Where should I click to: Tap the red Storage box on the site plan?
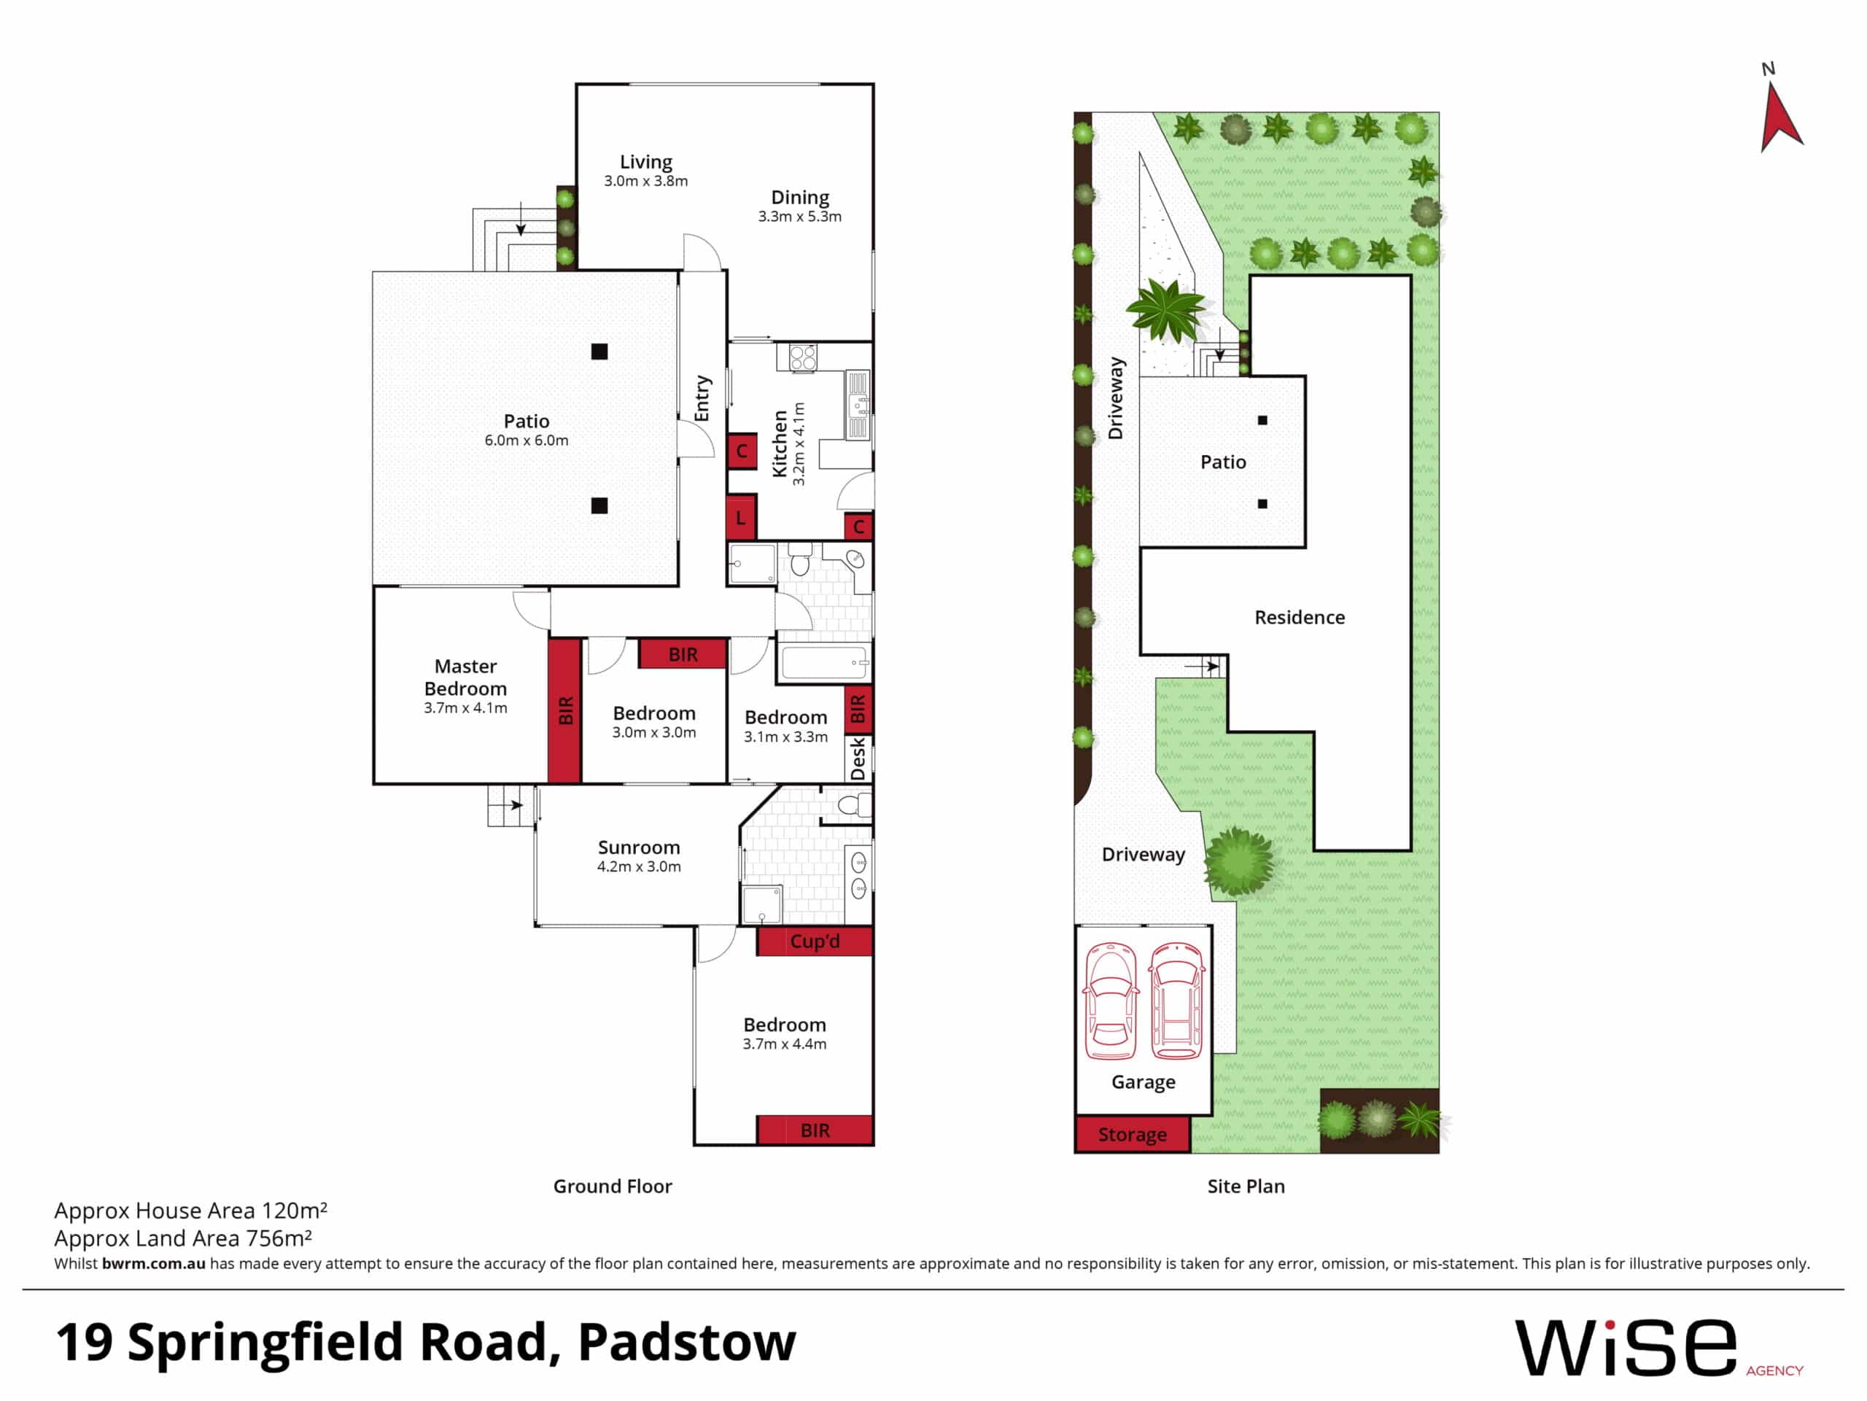(1132, 1134)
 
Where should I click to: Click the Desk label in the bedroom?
(858, 758)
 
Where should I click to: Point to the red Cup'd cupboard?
(815, 941)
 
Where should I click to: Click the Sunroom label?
(639, 847)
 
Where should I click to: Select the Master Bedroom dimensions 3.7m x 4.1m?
(465, 708)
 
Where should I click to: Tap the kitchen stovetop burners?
(803, 358)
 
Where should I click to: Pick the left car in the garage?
(1111, 1001)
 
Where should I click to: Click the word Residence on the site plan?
(1299, 618)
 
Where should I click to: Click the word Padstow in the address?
(686, 1342)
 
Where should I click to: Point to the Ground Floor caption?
(613, 1186)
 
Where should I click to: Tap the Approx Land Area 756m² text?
(183, 1238)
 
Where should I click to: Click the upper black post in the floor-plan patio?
(599, 352)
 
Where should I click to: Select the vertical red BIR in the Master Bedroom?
(564, 710)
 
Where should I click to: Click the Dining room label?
(800, 198)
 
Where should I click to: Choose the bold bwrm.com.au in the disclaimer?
(154, 1263)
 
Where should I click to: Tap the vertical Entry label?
(702, 398)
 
